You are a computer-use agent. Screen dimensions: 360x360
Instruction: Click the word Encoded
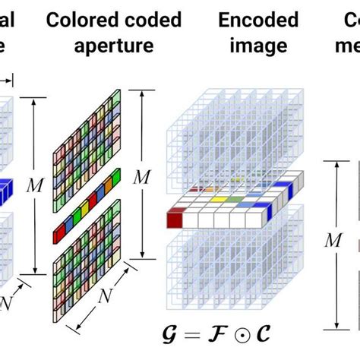(x=250, y=20)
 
